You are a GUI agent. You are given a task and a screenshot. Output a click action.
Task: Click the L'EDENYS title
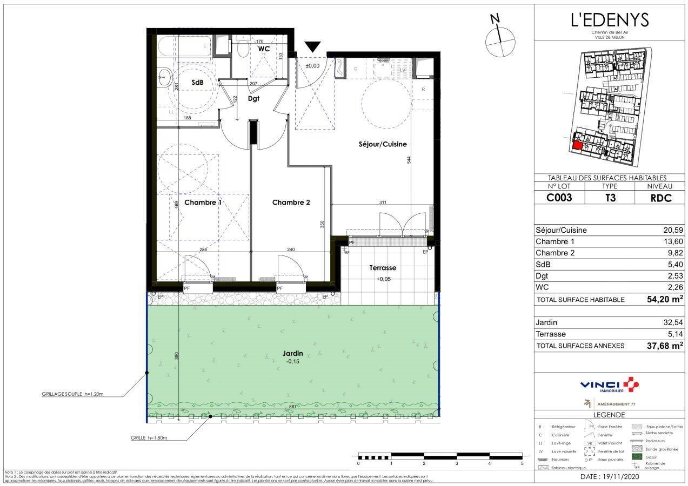pyautogui.click(x=610, y=19)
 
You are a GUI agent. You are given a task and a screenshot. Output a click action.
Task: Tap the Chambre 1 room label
pyautogui.click(x=203, y=202)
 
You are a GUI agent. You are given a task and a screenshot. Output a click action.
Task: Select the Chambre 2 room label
pyautogui.click(x=291, y=202)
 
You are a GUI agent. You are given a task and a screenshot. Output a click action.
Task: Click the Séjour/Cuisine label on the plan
pyautogui.click(x=383, y=144)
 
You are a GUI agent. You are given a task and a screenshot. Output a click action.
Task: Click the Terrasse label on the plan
pyautogui.click(x=383, y=268)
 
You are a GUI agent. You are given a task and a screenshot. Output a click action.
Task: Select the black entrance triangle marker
pyautogui.click(x=312, y=47)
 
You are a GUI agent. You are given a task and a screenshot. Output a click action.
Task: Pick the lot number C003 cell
pyautogui.click(x=559, y=198)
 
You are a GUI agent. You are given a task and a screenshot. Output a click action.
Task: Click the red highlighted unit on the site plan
pyautogui.click(x=577, y=145)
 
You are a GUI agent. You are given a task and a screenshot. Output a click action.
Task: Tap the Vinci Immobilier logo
pyautogui.click(x=610, y=386)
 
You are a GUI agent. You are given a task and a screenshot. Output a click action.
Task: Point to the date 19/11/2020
pyautogui.click(x=610, y=477)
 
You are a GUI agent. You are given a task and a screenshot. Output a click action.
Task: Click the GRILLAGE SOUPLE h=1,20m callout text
pyautogui.click(x=72, y=395)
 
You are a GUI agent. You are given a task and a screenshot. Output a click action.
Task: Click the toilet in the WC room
pyautogui.click(x=242, y=48)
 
